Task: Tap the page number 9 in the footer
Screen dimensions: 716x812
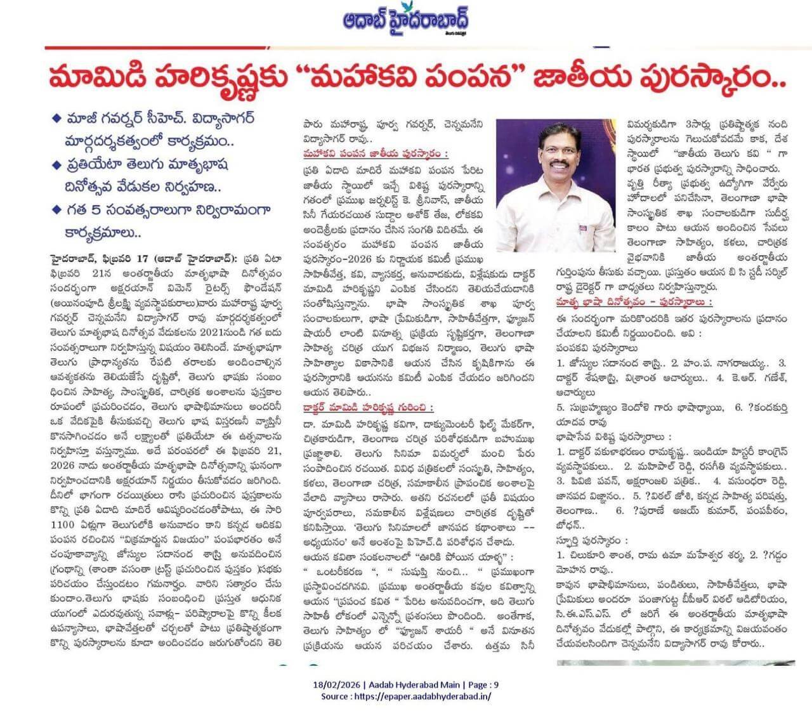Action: pyautogui.click(x=496, y=685)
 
